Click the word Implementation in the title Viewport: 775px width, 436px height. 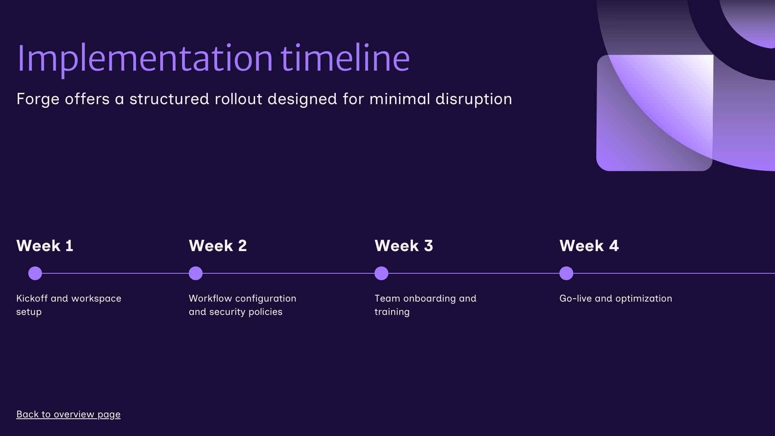pos(145,59)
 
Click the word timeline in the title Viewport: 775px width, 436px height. pos(345,59)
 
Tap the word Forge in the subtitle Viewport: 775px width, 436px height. pos(38,99)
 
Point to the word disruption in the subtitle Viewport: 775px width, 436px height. pos(473,99)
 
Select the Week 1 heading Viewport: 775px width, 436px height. pos(45,246)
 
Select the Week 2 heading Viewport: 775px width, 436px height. pos(218,246)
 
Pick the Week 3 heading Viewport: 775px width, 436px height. pos(404,246)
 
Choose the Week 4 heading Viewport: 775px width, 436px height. pos(589,246)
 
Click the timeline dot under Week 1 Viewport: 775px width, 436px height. pos(35,273)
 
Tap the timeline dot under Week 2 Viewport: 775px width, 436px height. pos(196,273)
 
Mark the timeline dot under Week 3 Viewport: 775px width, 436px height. pos(381,273)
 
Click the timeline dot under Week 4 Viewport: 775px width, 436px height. pos(566,273)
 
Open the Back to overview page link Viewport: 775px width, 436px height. pos(68,415)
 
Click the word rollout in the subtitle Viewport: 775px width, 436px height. pos(238,99)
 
